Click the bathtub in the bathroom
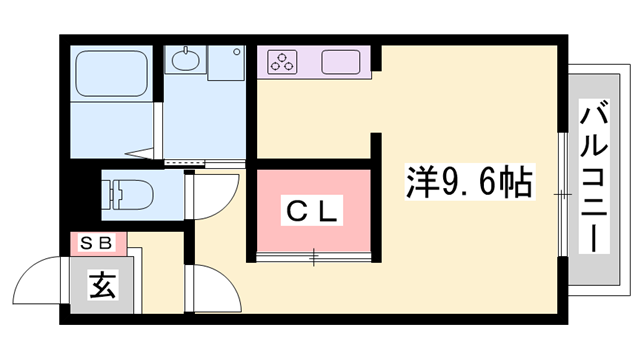click(x=112, y=73)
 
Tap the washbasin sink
click(x=186, y=60)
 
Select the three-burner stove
click(x=282, y=62)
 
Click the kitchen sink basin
click(x=340, y=62)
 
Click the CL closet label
click(x=312, y=211)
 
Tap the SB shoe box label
click(x=96, y=244)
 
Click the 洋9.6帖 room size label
click(x=469, y=182)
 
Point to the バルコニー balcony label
click(x=593, y=177)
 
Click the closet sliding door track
click(x=313, y=257)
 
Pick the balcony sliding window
click(x=563, y=194)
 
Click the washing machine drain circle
click(x=237, y=52)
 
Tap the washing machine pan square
click(x=226, y=62)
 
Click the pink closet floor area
click(x=313, y=211)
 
